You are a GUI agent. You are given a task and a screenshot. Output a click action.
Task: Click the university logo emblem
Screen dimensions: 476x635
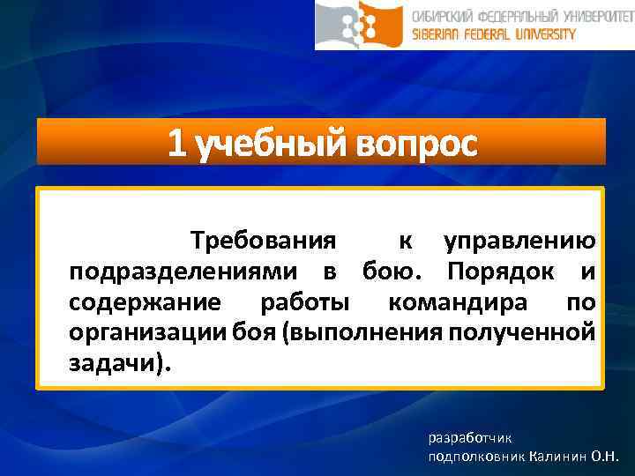point(362,24)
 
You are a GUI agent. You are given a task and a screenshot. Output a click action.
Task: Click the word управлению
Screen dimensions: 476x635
point(519,241)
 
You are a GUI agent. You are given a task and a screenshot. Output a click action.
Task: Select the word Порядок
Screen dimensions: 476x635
point(503,271)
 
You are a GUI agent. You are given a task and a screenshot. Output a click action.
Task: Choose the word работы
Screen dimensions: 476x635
point(304,302)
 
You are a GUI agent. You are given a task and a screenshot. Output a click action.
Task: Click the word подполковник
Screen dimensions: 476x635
point(477,457)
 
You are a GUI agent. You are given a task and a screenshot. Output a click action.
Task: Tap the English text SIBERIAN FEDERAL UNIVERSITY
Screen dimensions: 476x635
point(494,34)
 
